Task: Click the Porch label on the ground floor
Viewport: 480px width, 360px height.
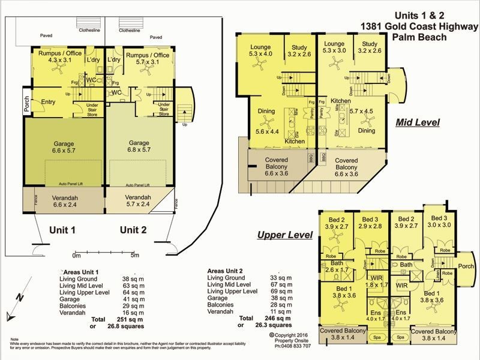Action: (x=26, y=104)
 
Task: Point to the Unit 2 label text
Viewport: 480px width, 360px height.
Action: (x=135, y=230)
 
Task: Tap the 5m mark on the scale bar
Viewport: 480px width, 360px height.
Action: (x=134, y=255)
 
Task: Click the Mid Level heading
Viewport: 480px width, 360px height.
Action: (x=418, y=122)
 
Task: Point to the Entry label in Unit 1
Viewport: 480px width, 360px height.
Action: (x=47, y=102)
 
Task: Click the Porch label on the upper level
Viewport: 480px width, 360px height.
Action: (x=466, y=266)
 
